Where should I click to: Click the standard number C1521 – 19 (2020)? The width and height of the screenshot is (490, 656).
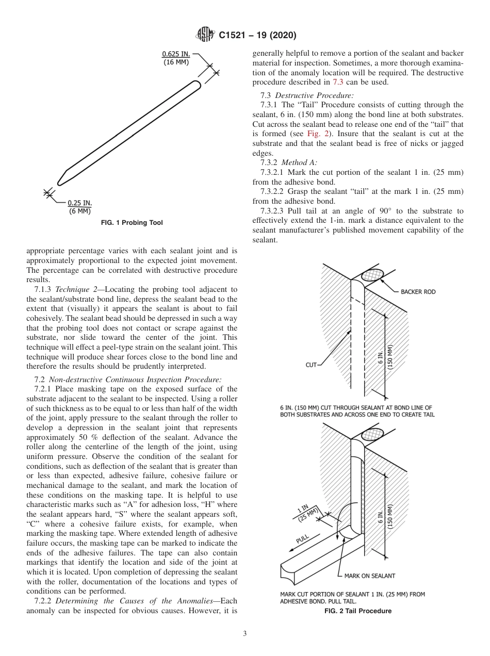click(x=257, y=36)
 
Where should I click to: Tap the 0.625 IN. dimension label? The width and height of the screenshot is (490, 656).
click(x=176, y=54)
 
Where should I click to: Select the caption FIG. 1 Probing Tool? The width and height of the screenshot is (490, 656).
click(x=132, y=223)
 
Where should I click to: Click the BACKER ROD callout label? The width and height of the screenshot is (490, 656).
click(x=418, y=292)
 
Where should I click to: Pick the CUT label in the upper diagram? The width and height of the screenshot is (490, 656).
click(x=311, y=365)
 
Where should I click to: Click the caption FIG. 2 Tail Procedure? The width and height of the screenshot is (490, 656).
click(x=357, y=611)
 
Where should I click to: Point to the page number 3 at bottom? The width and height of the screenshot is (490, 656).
click(x=245, y=634)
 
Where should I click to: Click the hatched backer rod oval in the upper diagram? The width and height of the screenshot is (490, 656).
click(x=373, y=274)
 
